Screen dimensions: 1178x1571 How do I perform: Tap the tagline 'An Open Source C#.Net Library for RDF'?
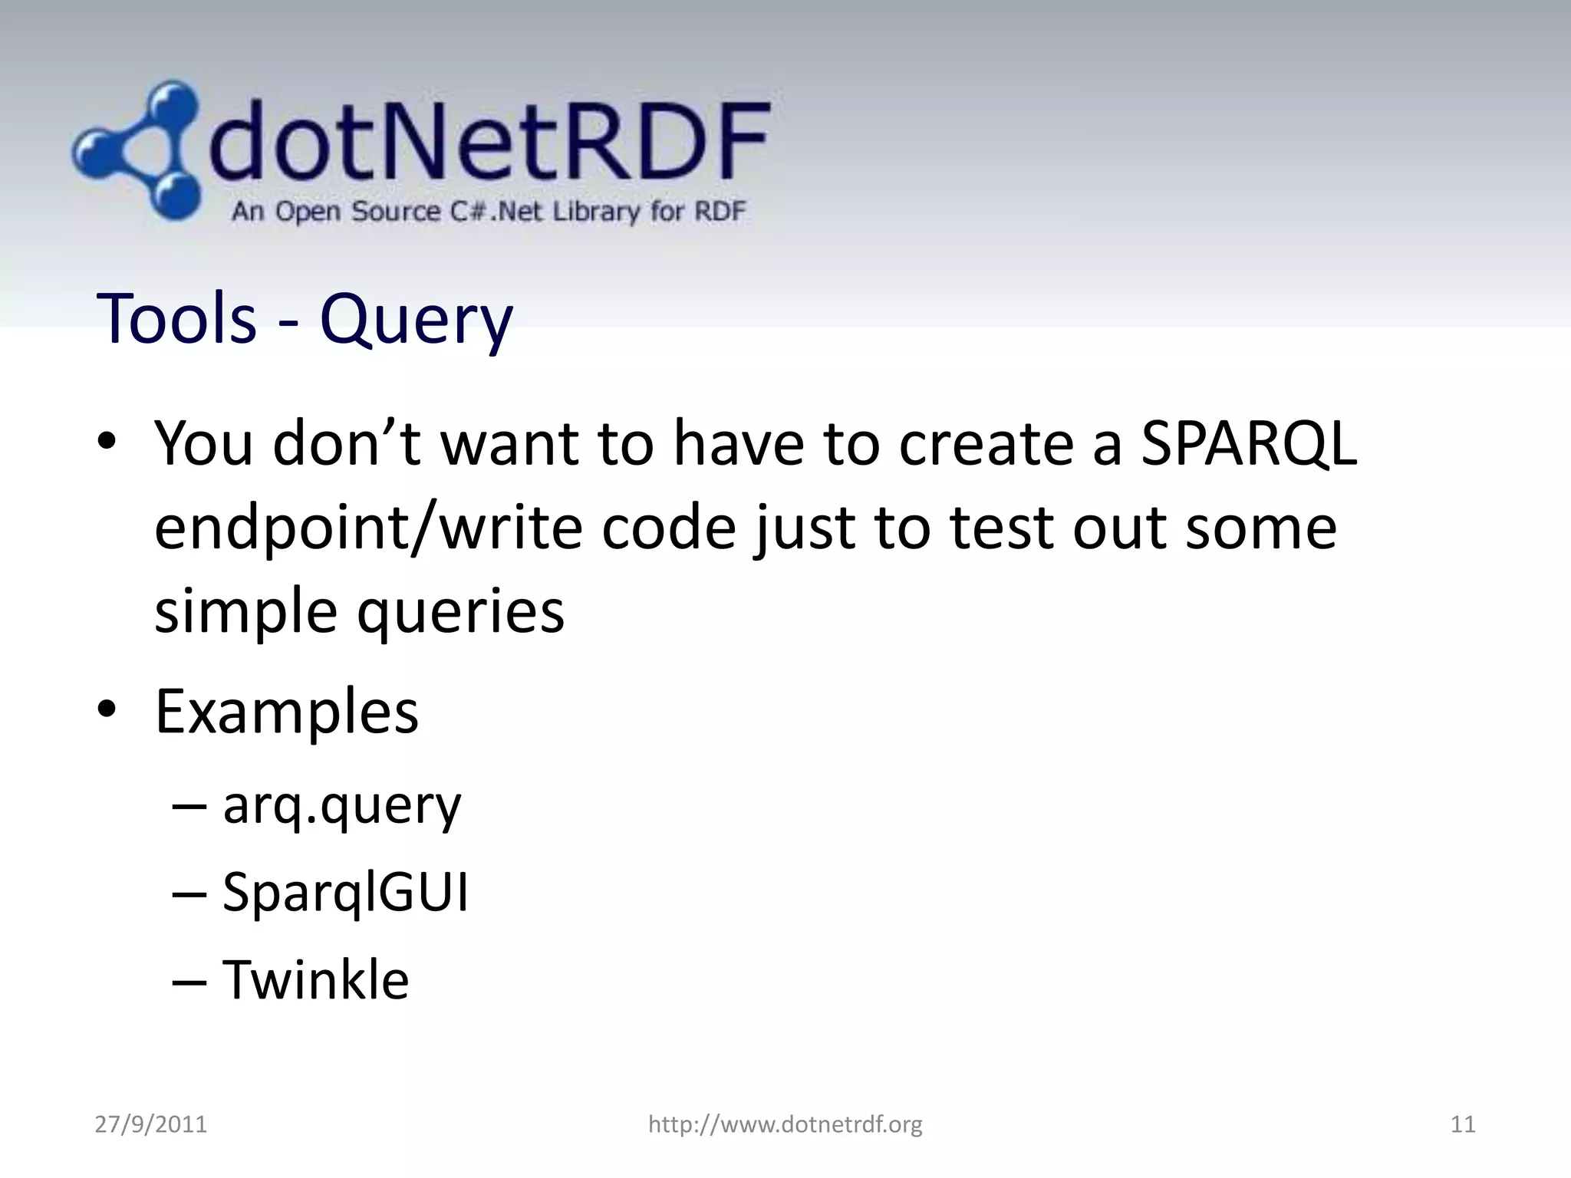pos(488,211)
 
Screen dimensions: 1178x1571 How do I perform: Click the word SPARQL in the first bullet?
pos(1248,444)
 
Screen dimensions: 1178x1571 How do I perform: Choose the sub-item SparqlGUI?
pos(345,893)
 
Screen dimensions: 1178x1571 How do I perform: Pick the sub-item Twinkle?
pos(315,980)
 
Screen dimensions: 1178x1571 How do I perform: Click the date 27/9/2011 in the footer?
pos(150,1124)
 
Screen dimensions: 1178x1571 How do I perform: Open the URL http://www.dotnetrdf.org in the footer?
pos(785,1124)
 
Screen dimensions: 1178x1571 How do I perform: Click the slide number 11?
pos(1463,1124)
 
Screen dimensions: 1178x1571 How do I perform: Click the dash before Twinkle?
pos(189,982)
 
